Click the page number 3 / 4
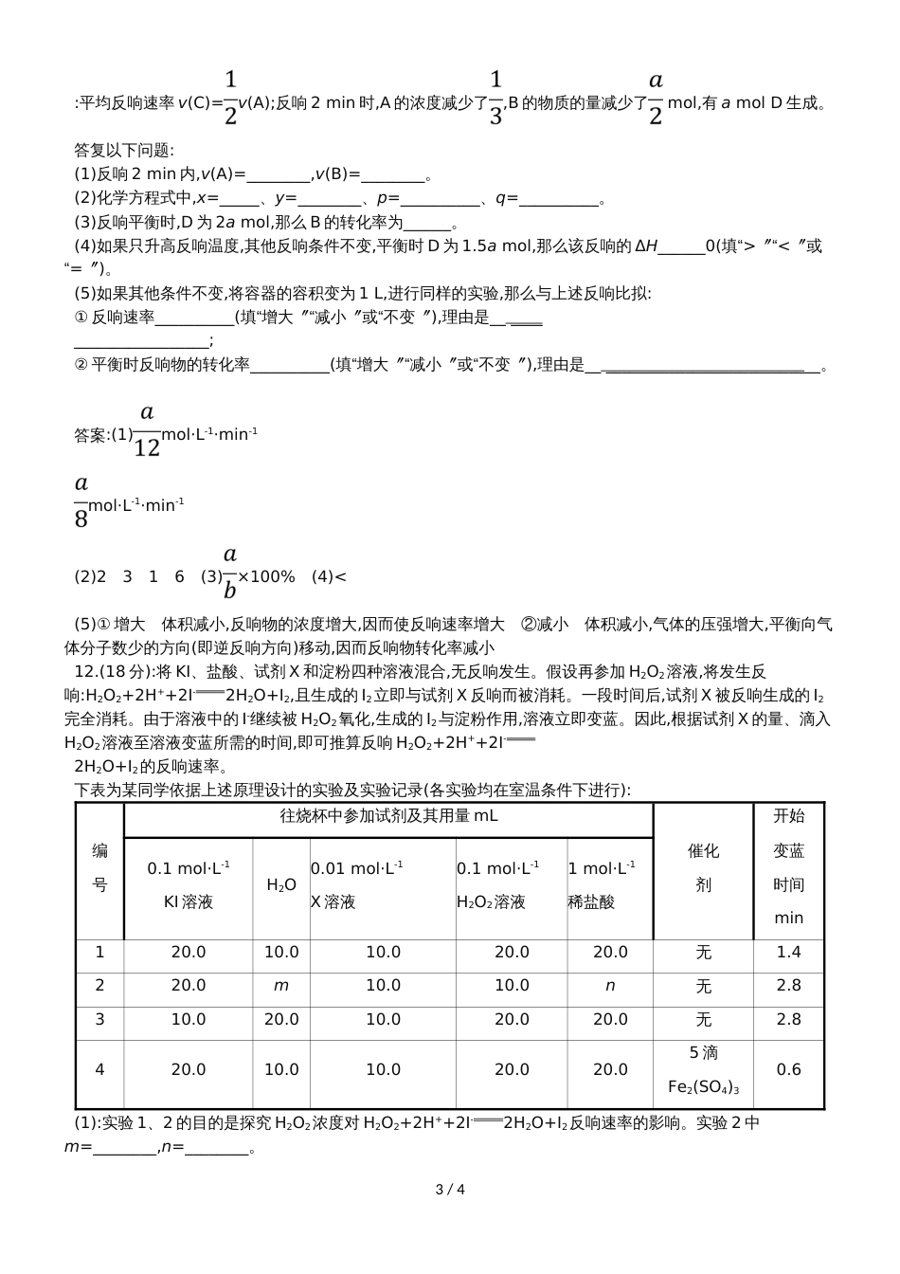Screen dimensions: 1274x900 point(450,1190)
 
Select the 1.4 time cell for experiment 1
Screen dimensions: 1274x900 point(788,952)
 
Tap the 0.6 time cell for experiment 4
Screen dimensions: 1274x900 point(788,1069)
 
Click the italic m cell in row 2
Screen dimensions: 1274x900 point(281,986)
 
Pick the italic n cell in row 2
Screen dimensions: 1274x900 point(610,986)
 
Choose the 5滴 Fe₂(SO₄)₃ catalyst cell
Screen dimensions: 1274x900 point(703,1070)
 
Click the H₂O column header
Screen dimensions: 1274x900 point(281,884)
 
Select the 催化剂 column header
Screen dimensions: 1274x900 point(703,868)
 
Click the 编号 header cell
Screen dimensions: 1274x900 point(99,868)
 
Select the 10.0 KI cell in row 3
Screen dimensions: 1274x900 point(189,1019)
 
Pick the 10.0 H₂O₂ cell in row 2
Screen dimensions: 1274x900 point(512,986)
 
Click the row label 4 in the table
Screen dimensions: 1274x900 point(99,1069)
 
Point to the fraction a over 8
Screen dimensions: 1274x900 point(81,501)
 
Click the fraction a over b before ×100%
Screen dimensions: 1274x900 point(229,573)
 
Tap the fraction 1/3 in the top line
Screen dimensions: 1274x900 point(495,98)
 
